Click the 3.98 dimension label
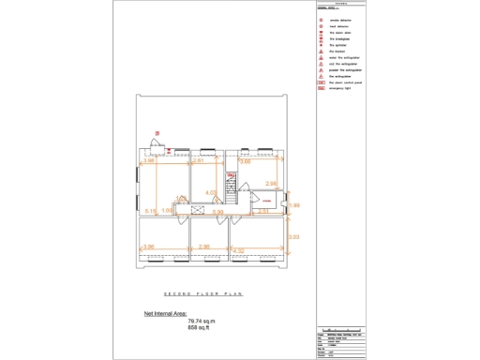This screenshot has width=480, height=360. [x=148, y=161]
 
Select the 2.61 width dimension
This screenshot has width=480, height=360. [x=199, y=161]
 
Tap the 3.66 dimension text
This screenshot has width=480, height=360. [x=246, y=162]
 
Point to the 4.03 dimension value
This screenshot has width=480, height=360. [x=212, y=192]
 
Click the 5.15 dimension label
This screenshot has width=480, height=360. [x=151, y=211]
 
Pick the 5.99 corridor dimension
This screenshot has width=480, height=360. [x=217, y=212]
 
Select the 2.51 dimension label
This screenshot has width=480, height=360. [x=263, y=211]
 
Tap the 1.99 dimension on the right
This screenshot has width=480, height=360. [x=293, y=205]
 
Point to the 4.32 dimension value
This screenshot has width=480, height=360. [x=238, y=249]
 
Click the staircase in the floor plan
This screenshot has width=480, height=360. [x=227, y=182]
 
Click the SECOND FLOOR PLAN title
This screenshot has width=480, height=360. [x=203, y=293]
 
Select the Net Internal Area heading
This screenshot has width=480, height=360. [x=165, y=314]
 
